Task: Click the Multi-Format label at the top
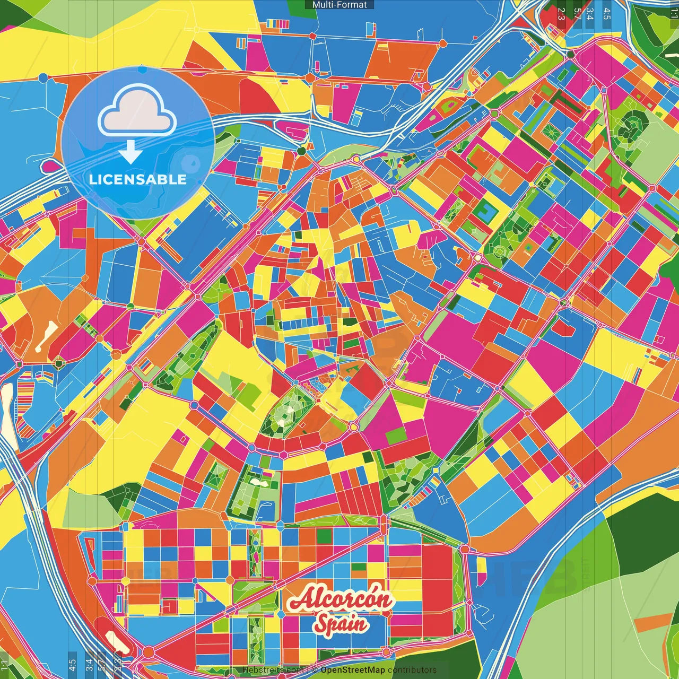click(339, 5)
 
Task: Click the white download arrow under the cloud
click(130, 152)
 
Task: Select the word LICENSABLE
click(138, 179)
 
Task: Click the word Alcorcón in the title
click(341, 600)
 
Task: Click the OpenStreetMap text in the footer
click(353, 670)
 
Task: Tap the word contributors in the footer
click(412, 670)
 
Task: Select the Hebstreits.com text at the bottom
click(273, 670)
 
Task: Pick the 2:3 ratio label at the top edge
click(562, 14)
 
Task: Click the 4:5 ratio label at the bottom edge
click(72, 665)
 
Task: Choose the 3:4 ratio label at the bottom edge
click(89, 665)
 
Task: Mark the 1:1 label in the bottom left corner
click(5, 665)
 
